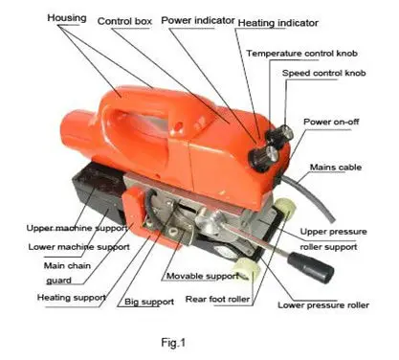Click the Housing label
(67, 18)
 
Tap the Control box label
(124, 21)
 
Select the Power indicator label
(198, 20)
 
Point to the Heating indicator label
(278, 23)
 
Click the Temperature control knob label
(301, 54)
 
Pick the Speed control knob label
(323, 73)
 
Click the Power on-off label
(331, 122)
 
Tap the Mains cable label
(336, 168)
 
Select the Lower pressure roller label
(323, 305)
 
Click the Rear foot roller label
(217, 299)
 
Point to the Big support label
(149, 302)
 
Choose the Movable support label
(202, 276)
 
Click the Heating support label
(72, 298)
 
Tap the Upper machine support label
(77, 228)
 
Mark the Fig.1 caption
(173, 343)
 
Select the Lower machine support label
(78, 247)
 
